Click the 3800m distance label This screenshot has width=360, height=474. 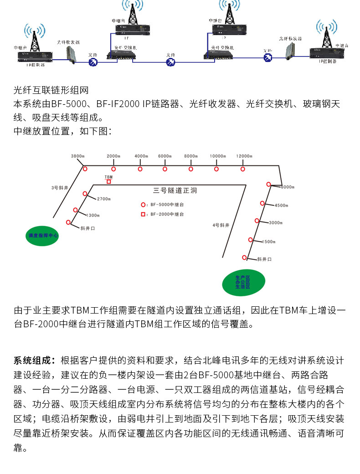pos(77,156)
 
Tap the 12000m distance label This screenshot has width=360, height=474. pos(244,156)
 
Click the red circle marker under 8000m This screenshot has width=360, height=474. pos(191,169)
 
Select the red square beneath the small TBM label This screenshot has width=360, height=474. pos(108,181)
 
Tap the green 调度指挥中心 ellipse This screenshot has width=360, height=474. pos(43,236)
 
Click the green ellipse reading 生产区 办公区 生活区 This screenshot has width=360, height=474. pos(242,282)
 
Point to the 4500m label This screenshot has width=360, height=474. pos(281,205)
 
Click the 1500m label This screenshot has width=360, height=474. pos(269,241)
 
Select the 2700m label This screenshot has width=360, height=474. pos(104,199)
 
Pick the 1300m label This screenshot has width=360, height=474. pos(93,215)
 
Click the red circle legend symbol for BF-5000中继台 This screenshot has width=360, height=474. pos(143,205)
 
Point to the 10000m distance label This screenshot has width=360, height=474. pos(218,156)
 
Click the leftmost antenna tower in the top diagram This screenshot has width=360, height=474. pos(35,36)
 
